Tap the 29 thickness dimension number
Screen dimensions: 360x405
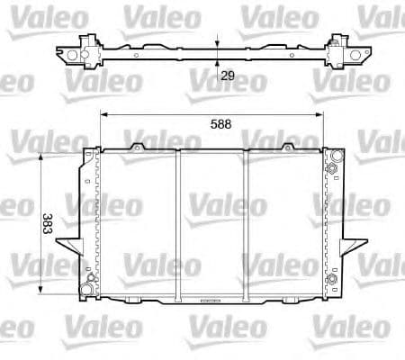click(x=229, y=76)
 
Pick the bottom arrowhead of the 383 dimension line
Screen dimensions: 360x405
click(x=42, y=293)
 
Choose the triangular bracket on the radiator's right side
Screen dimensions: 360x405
click(x=354, y=238)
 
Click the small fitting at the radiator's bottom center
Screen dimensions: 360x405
click(x=213, y=300)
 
